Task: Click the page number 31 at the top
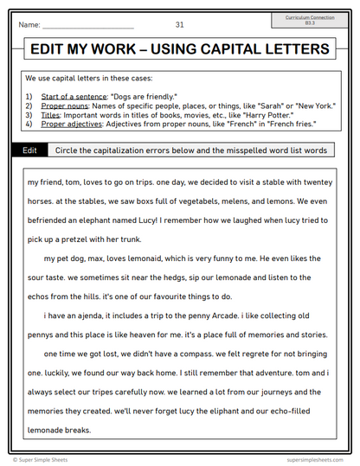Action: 179,24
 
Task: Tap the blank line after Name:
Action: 87,26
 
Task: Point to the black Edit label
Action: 29,150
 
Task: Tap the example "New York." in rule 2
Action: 313,105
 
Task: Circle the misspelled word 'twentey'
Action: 317,183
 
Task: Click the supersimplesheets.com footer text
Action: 317,460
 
